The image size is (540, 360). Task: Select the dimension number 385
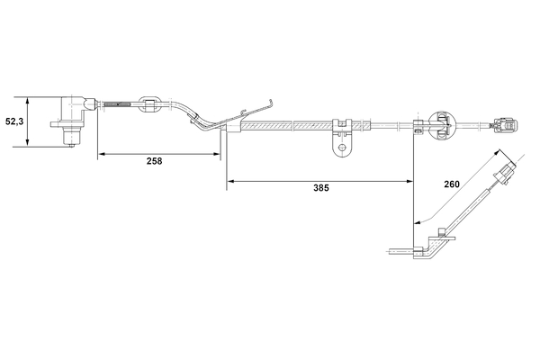tap(321, 190)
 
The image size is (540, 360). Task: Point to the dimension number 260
tap(452, 184)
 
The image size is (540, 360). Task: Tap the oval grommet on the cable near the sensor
tap(150, 103)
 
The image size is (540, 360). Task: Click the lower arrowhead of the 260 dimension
tap(416, 221)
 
